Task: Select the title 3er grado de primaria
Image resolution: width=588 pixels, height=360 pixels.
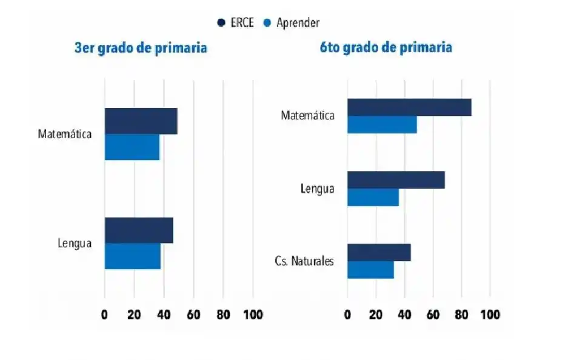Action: coord(141,48)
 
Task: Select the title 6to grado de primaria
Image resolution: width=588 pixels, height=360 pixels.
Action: coord(386,48)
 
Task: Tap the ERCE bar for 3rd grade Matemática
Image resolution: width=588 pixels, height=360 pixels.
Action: coord(141,121)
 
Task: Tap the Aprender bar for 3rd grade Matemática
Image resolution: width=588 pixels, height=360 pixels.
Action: coord(132,147)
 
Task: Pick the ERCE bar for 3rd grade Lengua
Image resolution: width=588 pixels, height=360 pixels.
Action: coord(139,230)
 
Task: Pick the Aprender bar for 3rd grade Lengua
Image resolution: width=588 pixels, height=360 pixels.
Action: coord(132,256)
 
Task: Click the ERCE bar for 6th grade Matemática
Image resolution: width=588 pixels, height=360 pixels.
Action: coord(409,107)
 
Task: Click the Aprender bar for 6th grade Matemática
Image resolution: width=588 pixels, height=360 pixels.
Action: coord(382,124)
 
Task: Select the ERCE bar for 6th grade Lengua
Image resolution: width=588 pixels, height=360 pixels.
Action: coord(396,180)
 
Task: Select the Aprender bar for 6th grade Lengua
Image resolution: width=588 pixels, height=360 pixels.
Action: coord(373,197)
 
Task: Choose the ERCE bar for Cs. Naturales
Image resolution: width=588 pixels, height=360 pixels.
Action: coord(379,253)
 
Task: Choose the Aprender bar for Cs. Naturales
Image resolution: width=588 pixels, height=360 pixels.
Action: coord(370,270)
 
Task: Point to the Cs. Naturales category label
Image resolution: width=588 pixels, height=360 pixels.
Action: coord(304,262)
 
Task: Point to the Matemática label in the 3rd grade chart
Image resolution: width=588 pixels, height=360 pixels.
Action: coord(65,134)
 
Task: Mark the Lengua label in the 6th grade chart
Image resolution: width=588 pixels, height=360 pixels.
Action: coord(318,188)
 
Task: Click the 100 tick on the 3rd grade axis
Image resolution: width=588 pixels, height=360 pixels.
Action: coord(253,315)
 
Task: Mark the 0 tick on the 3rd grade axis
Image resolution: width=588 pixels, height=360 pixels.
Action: coord(104,315)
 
